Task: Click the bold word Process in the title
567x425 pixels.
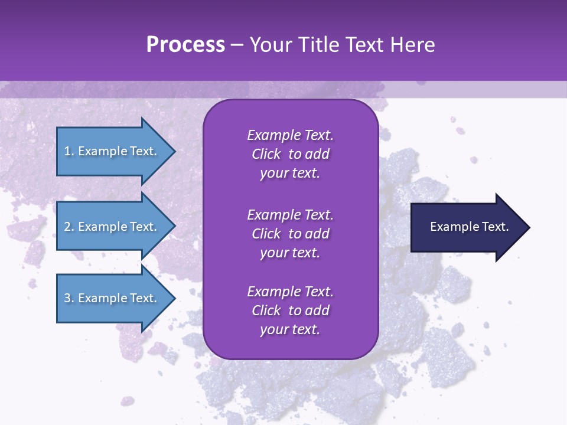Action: [x=185, y=44]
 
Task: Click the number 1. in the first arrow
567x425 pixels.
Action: [x=69, y=151]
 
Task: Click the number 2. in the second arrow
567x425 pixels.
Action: [x=69, y=227]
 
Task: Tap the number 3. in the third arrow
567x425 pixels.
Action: [x=69, y=298]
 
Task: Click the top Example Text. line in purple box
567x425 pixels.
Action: [x=290, y=135]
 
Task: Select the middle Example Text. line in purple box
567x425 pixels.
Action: [x=290, y=215]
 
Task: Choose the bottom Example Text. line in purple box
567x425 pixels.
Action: [x=290, y=292]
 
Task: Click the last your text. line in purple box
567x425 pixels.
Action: [x=290, y=330]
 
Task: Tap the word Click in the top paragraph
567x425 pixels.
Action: [x=266, y=154]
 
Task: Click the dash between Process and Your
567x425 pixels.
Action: [x=237, y=45]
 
